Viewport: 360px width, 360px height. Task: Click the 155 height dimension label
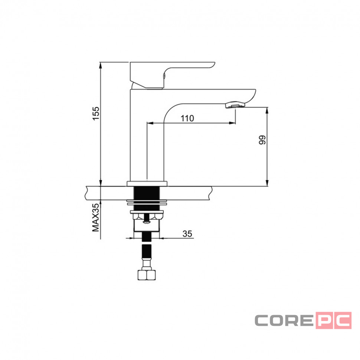(96, 113)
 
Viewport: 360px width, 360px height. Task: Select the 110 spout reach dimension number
(187, 118)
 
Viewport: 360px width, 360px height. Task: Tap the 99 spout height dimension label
(262, 140)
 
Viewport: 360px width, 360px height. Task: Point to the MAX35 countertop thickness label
(96, 217)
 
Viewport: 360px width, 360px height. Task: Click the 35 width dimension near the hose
(187, 234)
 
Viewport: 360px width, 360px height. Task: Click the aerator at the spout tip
(235, 105)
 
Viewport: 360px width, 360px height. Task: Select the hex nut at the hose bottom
(147, 275)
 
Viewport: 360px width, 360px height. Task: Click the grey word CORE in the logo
(284, 321)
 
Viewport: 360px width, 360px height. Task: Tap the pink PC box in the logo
(334, 320)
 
